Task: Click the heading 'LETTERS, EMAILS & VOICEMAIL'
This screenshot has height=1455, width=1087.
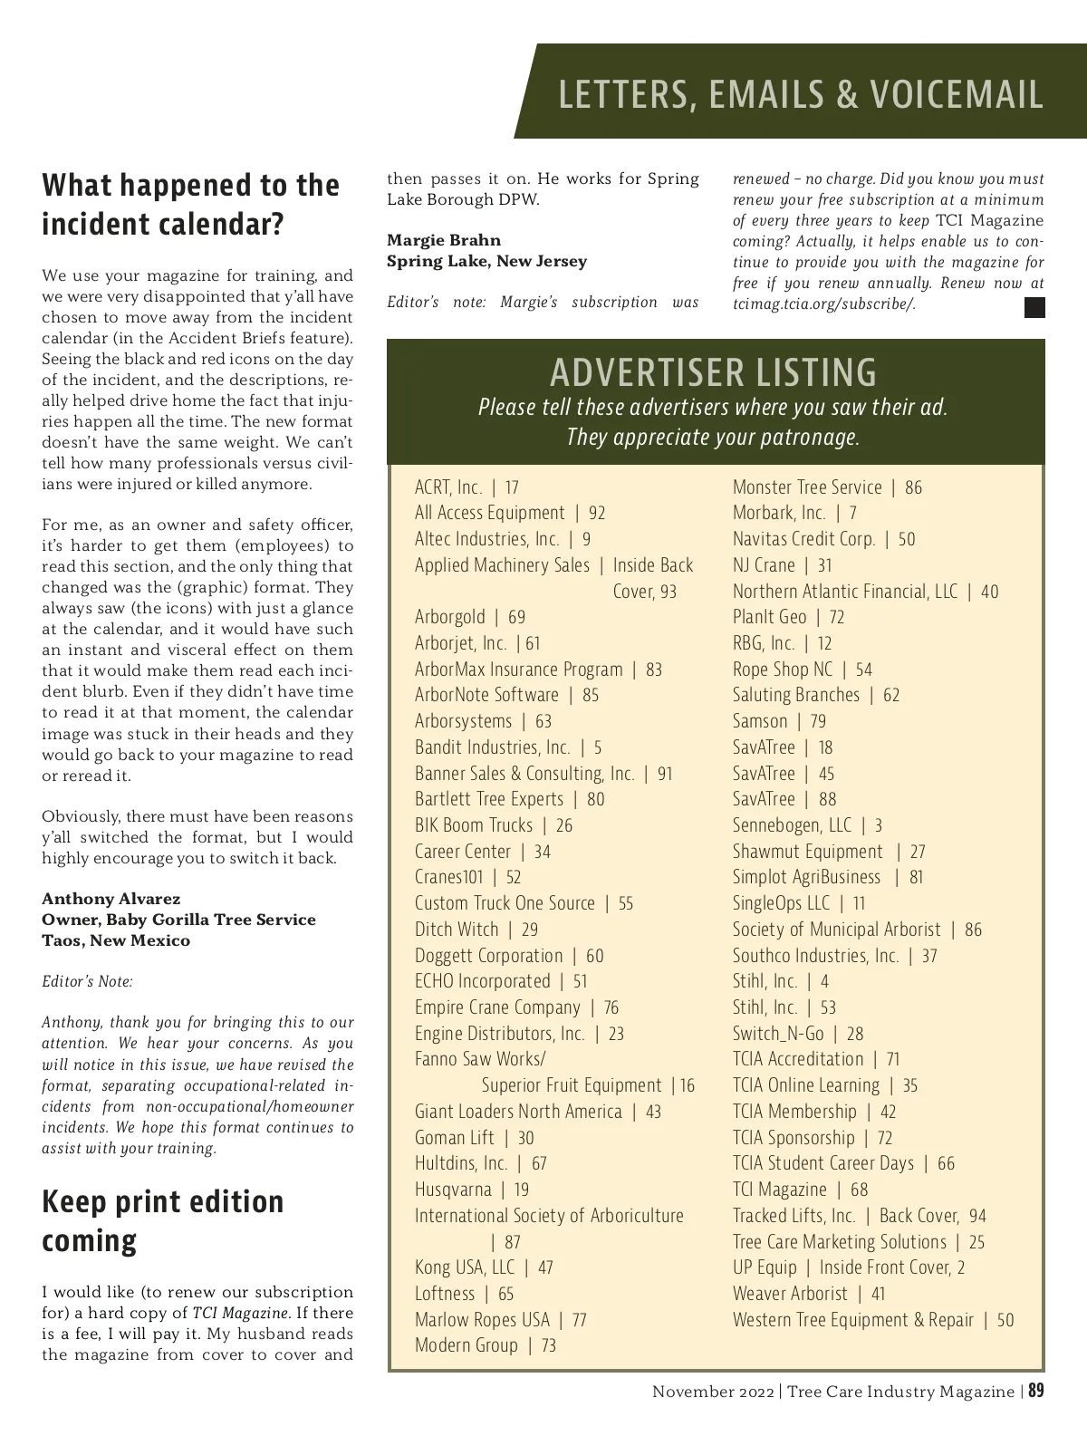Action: pos(801,95)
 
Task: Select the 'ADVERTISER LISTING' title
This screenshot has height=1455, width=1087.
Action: pos(714,372)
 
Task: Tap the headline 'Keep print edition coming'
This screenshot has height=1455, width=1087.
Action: pos(163,1220)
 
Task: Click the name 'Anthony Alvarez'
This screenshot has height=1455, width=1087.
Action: pos(111,899)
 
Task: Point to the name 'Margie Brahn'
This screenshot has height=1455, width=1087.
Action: pos(444,240)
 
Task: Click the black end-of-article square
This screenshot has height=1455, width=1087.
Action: pos(1034,308)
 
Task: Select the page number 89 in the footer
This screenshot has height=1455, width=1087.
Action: pos(1036,1391)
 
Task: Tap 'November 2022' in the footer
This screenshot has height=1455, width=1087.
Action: pos(713,1392)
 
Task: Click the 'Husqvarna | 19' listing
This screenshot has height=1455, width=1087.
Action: pos(472,1190)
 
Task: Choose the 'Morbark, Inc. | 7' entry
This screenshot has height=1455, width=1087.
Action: pos(794,513)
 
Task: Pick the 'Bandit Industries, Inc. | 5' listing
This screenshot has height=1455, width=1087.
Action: pos(508,747)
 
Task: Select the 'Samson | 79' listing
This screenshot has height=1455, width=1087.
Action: pos(779,721)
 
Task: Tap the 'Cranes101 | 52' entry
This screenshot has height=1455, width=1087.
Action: pos(467,877)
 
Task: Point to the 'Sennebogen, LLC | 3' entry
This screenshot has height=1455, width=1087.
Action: pos(807,825)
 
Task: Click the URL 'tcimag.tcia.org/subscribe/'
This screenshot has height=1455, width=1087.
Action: pos(823,304)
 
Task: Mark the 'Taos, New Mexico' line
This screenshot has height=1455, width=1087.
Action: pos(116,940)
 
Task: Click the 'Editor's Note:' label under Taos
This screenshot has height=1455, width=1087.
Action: pos(87,981)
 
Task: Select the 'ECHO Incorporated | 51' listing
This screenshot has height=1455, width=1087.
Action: pos(501,981)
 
